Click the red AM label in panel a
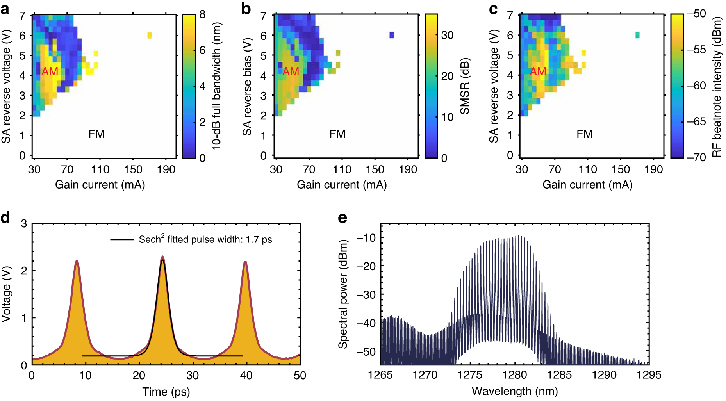[x=50, y=71]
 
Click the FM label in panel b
[x=337, y=134]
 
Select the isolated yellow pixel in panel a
[x=150, y=36]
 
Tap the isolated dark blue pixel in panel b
[x=392, y=35]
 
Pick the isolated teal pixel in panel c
[x=638, y=35]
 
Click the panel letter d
[x=5, y=217]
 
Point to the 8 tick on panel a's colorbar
[x=202, y=14]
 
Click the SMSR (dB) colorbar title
[x=465, y=86]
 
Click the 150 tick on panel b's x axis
[x=375, y=169]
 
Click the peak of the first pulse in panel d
[x=77, y=261]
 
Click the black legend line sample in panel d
[x=122, y=239]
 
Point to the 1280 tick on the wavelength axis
[x=515, y=375]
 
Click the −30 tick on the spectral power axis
[x=366, y=294]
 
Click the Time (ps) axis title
[x=166, y=392]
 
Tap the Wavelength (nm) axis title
[x=515, y=391]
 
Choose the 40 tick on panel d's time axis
[x=246, y=376]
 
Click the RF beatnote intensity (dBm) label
[x=716, y=86]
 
